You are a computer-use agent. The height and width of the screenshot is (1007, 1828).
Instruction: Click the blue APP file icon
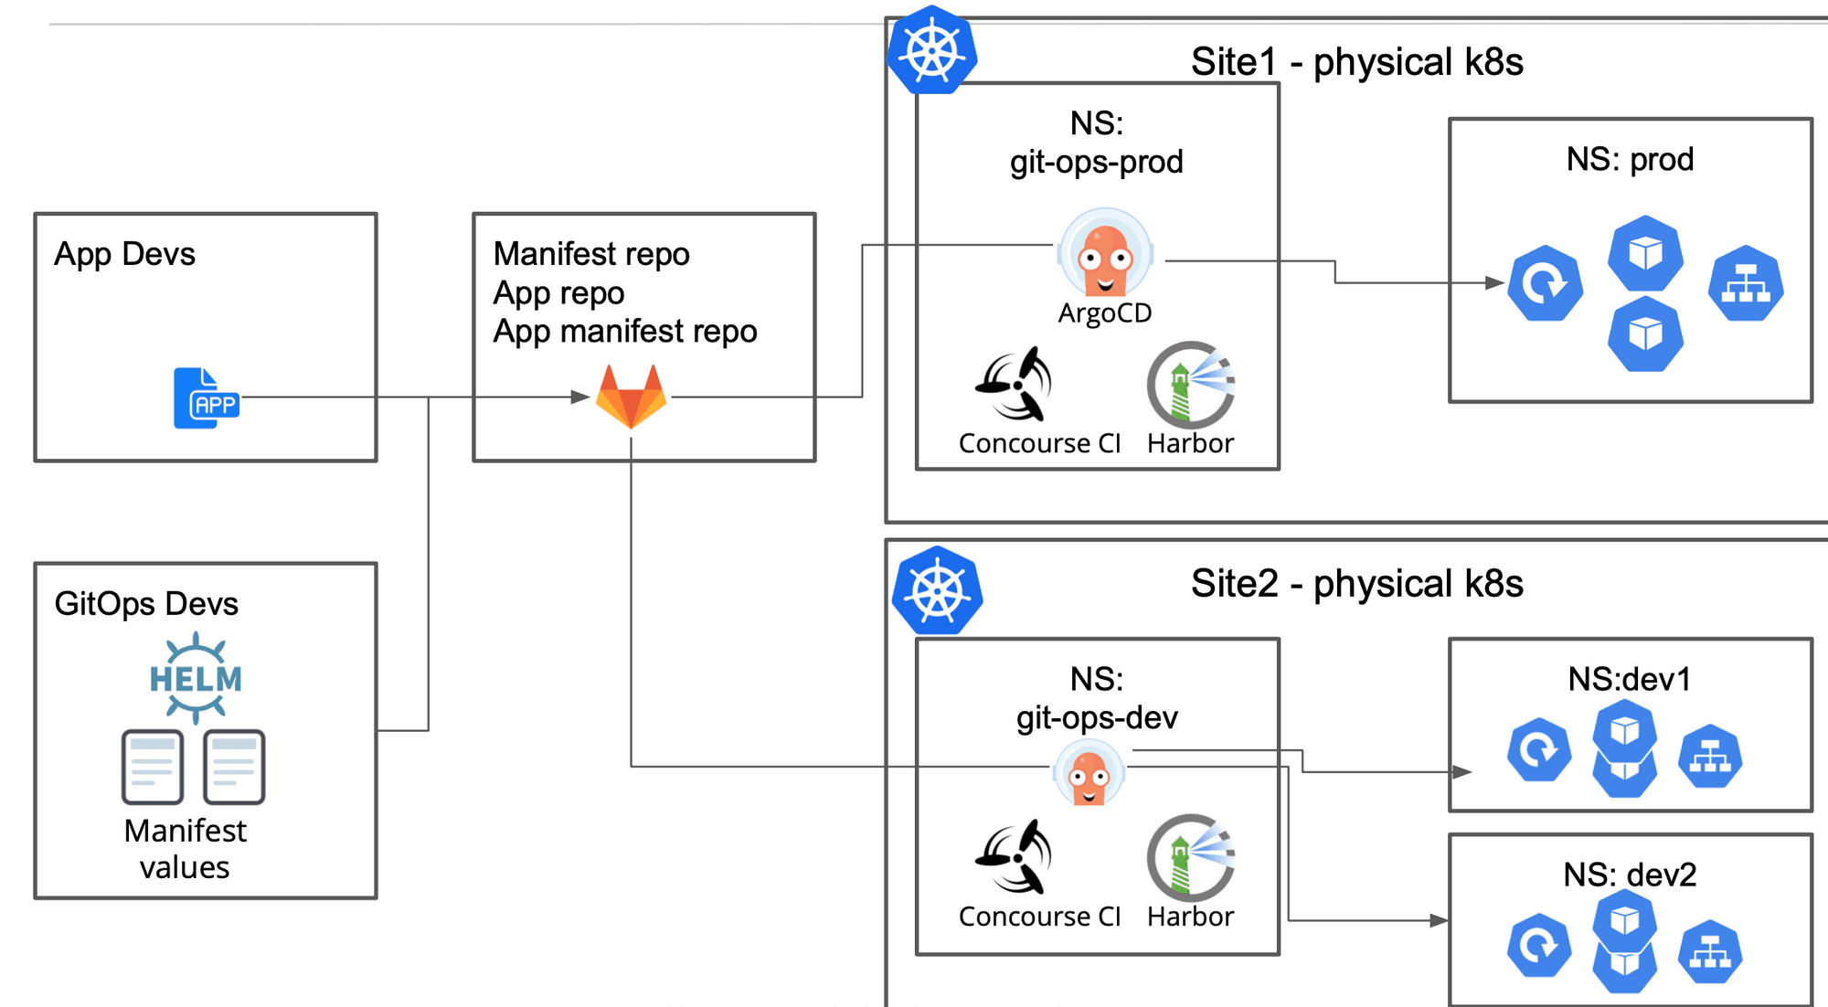(207, 397)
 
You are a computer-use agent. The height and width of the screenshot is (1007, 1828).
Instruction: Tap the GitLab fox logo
(631, 396)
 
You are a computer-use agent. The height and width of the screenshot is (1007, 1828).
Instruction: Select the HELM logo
(196, 678)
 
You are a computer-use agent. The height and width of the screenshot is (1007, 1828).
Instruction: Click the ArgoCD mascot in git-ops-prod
(1105, 253)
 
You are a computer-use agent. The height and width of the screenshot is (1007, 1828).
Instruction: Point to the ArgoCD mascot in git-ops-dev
(1089, 774)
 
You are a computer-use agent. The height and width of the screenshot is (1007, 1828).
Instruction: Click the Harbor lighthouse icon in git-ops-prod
(1191, 385)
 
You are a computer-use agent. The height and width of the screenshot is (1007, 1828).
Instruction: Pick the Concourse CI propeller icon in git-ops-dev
(1015, 857)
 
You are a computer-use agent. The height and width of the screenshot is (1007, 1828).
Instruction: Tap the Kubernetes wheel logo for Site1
(932, 51)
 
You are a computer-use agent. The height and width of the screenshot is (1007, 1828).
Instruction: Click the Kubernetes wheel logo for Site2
(938, 591)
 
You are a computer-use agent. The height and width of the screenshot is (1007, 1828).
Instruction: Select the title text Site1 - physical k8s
(1356, 62)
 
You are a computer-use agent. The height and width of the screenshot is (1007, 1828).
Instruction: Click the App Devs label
(124, 254)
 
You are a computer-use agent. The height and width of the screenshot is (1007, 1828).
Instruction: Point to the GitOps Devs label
(146, 604)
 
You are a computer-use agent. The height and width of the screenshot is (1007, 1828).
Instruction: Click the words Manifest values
(185, 849)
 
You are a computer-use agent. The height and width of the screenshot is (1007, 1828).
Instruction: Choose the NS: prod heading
(1630, 160)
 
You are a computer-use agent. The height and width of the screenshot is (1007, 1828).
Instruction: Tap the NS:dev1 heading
(1630, 679)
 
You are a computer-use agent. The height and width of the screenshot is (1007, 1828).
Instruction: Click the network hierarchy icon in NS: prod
(1746, 283)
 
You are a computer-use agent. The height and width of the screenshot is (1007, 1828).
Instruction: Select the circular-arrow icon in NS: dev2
(1539, 945)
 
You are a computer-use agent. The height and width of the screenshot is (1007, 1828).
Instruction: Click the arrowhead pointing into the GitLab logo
(579, 397)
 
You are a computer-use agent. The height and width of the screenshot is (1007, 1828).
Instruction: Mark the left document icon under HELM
(153, 767)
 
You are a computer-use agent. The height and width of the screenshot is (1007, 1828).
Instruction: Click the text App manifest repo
(625, 331)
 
